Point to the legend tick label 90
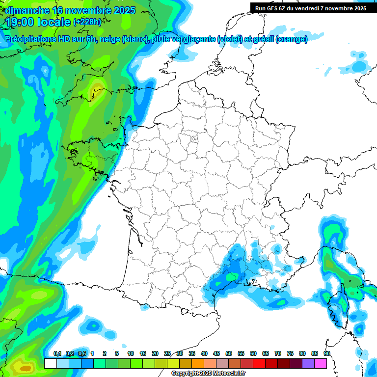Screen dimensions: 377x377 (326, 353)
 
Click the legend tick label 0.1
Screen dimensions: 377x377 (57, 353)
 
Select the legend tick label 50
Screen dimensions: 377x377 (229, 353)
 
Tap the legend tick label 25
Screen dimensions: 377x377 (167, 353)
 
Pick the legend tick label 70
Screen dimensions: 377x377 (278, 353)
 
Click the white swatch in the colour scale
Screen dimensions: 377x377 (50, 363)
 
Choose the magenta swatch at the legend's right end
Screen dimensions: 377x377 (321, 363)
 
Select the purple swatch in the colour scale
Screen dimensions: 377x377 (308, 363)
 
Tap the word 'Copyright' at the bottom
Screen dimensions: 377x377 (186, 374)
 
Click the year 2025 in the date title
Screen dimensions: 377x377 (124, 10)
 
